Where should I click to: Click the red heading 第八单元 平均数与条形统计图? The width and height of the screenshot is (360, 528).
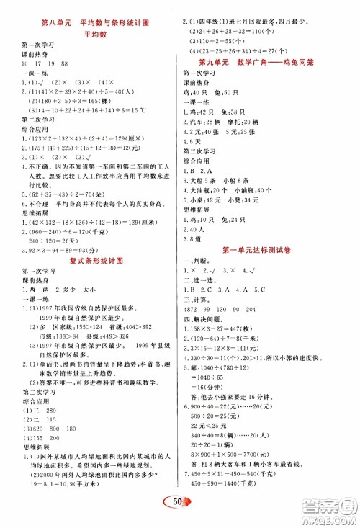pos(96,23)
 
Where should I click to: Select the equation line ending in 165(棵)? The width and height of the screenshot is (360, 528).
pos(65,100)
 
